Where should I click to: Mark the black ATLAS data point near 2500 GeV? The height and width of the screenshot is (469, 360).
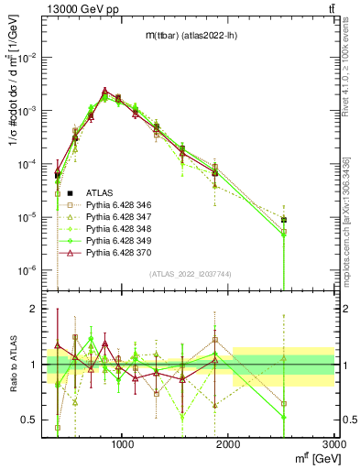coord(285,220)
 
